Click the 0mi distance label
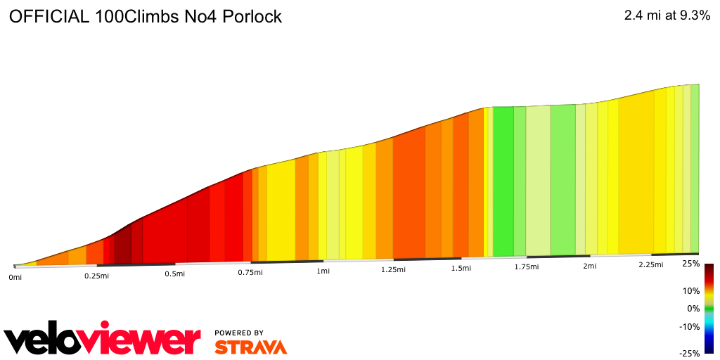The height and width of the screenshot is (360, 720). (15, 278)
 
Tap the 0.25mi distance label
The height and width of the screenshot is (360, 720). (96, 276)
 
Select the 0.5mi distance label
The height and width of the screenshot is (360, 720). (174, 274)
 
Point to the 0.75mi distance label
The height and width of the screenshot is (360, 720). (250, 272)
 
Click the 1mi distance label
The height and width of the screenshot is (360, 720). (323, 271)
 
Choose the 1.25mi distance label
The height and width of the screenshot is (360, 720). (393, 269)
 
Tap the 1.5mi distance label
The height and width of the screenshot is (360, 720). (461, 268)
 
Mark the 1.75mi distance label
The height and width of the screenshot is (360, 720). (526, 266)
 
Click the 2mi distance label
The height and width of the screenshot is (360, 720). (590, 266)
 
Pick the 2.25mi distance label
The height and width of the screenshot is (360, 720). (651, 264)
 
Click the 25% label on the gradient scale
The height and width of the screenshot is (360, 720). (690, 264)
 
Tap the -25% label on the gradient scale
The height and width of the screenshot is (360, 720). (689, 353)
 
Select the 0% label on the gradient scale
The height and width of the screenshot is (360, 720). (693, 308)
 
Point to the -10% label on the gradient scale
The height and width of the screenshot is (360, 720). (690, 326)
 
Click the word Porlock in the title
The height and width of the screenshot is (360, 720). (252, 17)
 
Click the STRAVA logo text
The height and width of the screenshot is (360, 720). (250, 347)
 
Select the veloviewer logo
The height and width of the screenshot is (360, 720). (103, 340)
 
